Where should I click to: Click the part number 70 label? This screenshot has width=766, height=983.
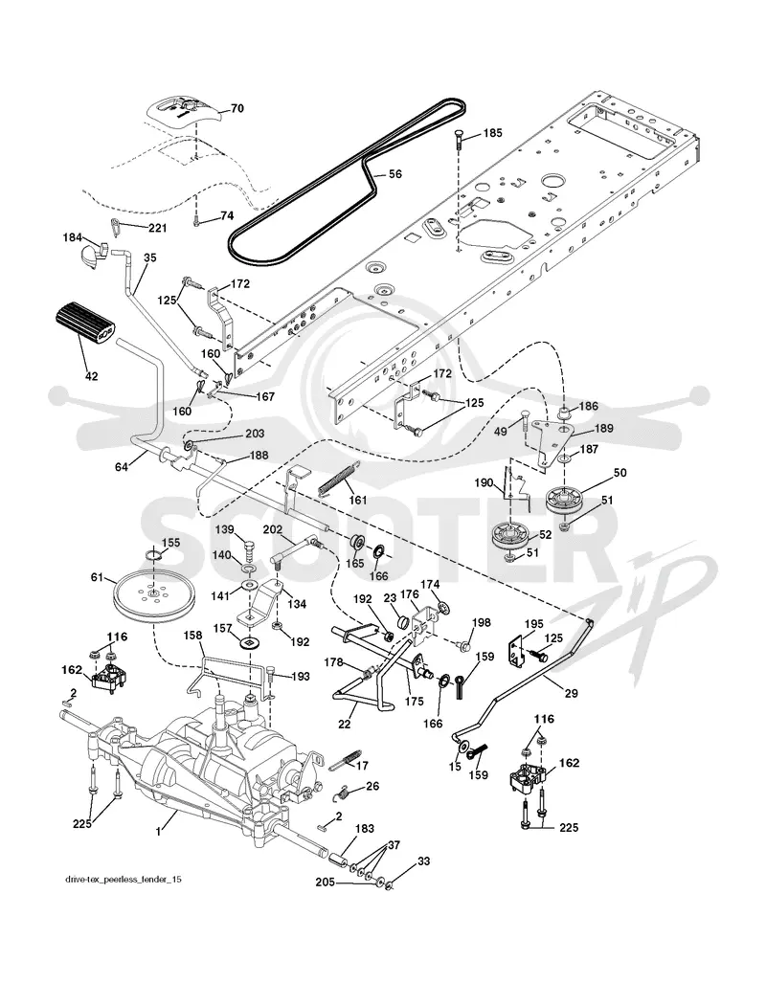237,108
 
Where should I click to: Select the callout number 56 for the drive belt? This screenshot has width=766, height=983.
395,174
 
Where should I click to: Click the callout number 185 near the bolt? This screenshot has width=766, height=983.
492,134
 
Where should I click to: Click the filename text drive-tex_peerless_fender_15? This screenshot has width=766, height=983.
124,881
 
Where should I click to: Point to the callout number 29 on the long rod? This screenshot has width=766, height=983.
571,694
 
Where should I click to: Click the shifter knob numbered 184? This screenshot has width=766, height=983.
92,254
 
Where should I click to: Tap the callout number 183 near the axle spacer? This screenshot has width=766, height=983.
365,829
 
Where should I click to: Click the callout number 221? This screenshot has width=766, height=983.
157,228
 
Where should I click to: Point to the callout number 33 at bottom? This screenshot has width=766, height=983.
424,861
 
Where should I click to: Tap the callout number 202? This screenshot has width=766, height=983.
272,529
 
